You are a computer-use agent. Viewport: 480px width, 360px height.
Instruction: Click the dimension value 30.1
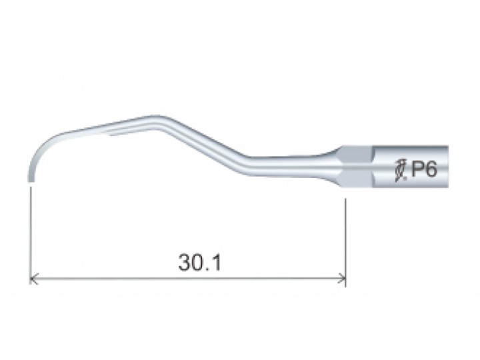pos(199,263)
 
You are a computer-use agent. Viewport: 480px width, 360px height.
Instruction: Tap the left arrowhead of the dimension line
pos(33,279)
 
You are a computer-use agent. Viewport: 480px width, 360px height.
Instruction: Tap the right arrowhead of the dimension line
pos(341,279)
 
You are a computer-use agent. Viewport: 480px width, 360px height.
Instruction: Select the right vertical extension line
pos(345,243)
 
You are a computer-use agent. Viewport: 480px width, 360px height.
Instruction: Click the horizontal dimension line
pos(187,279)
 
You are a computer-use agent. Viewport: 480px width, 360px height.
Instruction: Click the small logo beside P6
pos(401,171)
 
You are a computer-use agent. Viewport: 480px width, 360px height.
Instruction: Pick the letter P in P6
pos(417,169)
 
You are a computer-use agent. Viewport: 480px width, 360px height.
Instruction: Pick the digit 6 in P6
pos(431,169)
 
